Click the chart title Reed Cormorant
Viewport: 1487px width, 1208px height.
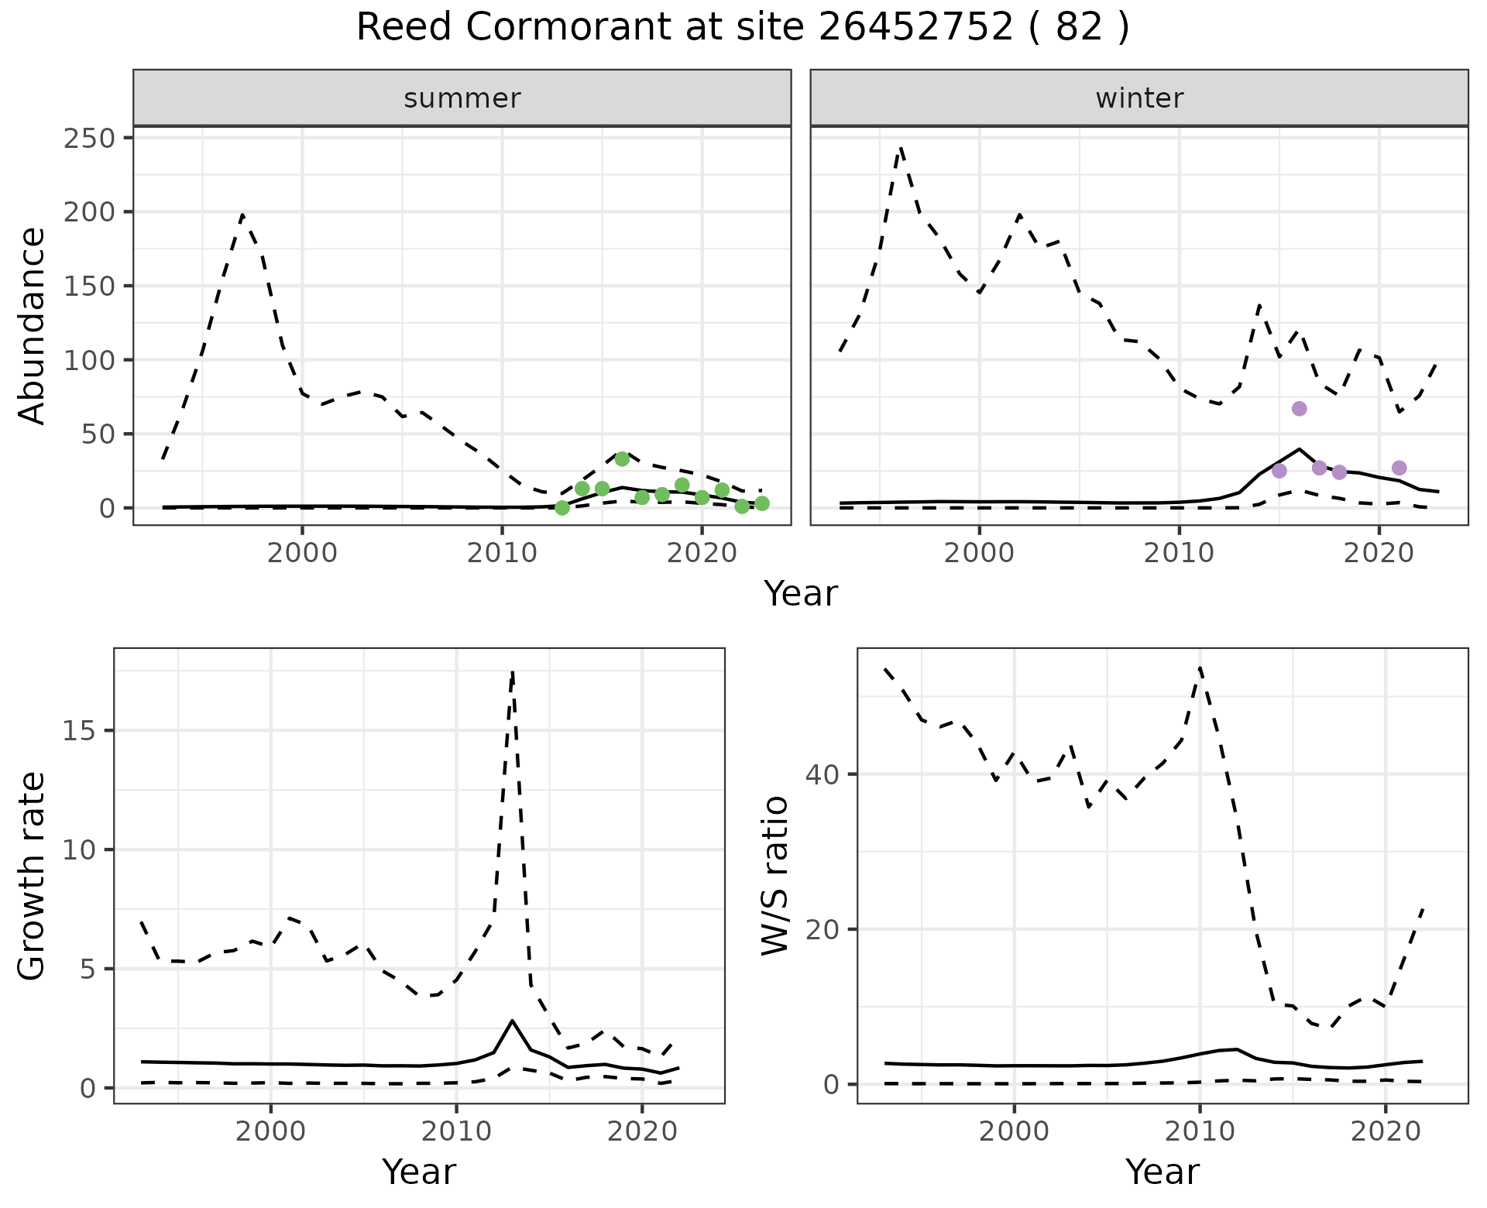point(742,28)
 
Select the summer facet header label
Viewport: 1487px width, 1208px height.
point(462,98)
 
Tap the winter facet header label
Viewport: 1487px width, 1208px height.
point(1139,98)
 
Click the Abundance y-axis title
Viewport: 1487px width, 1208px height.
point(33,325)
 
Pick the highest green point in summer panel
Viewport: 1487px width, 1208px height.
point(622,459)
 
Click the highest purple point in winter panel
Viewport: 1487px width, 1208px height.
point(1300,409)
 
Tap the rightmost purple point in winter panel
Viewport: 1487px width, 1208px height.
point(1399,468)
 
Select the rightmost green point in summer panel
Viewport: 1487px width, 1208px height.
point(762,503)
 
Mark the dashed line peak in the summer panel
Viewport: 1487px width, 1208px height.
point(242,215)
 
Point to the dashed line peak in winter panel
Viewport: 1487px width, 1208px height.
point(900,147)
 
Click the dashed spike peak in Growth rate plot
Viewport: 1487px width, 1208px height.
point(513,673)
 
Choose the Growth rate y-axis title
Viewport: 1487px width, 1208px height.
point(33,876)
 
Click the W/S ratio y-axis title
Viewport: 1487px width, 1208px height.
point(775,876)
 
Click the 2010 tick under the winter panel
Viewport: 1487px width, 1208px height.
point(1179,554)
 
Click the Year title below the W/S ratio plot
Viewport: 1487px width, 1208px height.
point(1162,1172)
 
